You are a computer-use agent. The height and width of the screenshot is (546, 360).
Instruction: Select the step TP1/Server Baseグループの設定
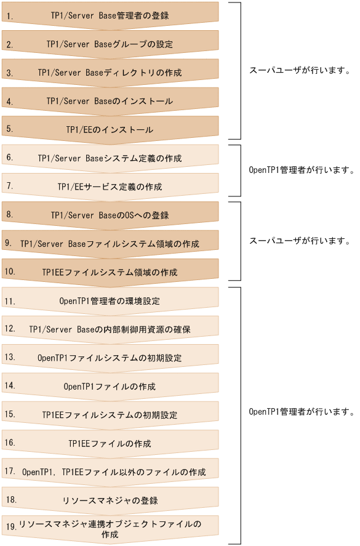(110, 44)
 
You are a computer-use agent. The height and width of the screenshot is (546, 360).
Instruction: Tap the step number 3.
(10, 73)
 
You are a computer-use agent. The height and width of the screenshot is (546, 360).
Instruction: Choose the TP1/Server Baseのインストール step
(110, 101)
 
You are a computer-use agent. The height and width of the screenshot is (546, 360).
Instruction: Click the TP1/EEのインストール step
(110, 130)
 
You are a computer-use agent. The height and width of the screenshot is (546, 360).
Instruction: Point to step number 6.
(10, 158)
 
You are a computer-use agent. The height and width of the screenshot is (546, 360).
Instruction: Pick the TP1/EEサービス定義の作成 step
(110, 187)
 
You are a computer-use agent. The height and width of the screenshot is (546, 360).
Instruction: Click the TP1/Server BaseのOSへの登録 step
(110, 215)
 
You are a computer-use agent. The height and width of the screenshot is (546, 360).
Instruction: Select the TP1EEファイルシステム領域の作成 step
(110, 272)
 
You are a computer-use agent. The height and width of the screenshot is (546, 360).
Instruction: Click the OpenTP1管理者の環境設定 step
(110, 301)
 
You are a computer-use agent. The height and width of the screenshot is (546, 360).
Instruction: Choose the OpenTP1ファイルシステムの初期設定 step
(110, 358)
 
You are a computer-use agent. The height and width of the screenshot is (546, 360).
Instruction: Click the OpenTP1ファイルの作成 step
(110, 387)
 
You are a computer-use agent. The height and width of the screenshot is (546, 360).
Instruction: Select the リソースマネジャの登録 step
(110, 500)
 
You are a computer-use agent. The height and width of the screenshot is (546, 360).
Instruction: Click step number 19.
(10, 527)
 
